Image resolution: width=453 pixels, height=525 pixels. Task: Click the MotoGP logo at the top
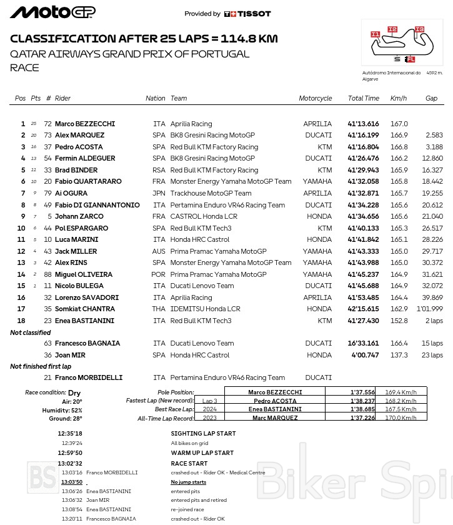tap(53, 12)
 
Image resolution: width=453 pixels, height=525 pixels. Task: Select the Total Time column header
tap(364, 98)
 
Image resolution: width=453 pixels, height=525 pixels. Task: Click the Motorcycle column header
tap(315, 98)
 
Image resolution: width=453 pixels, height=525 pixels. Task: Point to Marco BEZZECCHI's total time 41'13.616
tap(363, 124)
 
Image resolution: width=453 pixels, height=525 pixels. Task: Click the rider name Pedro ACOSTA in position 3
tap(79, 147)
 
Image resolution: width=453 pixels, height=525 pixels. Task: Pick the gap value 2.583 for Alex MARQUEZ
tap(434, 135)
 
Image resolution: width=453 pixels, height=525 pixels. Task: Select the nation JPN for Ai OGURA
tap(159, 194)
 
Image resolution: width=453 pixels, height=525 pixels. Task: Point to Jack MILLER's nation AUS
tap(159, 251)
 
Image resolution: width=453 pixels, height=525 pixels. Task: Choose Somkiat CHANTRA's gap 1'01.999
tap(430, 309)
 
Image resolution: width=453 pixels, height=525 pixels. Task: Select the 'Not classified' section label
tap(31, 332)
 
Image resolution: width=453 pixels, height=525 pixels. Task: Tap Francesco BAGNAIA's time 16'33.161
tap(363, 343)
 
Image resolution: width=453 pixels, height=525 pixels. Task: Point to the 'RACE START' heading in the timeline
tap(189, 464)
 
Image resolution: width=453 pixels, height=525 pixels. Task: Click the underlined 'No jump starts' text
tap(189, 482)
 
